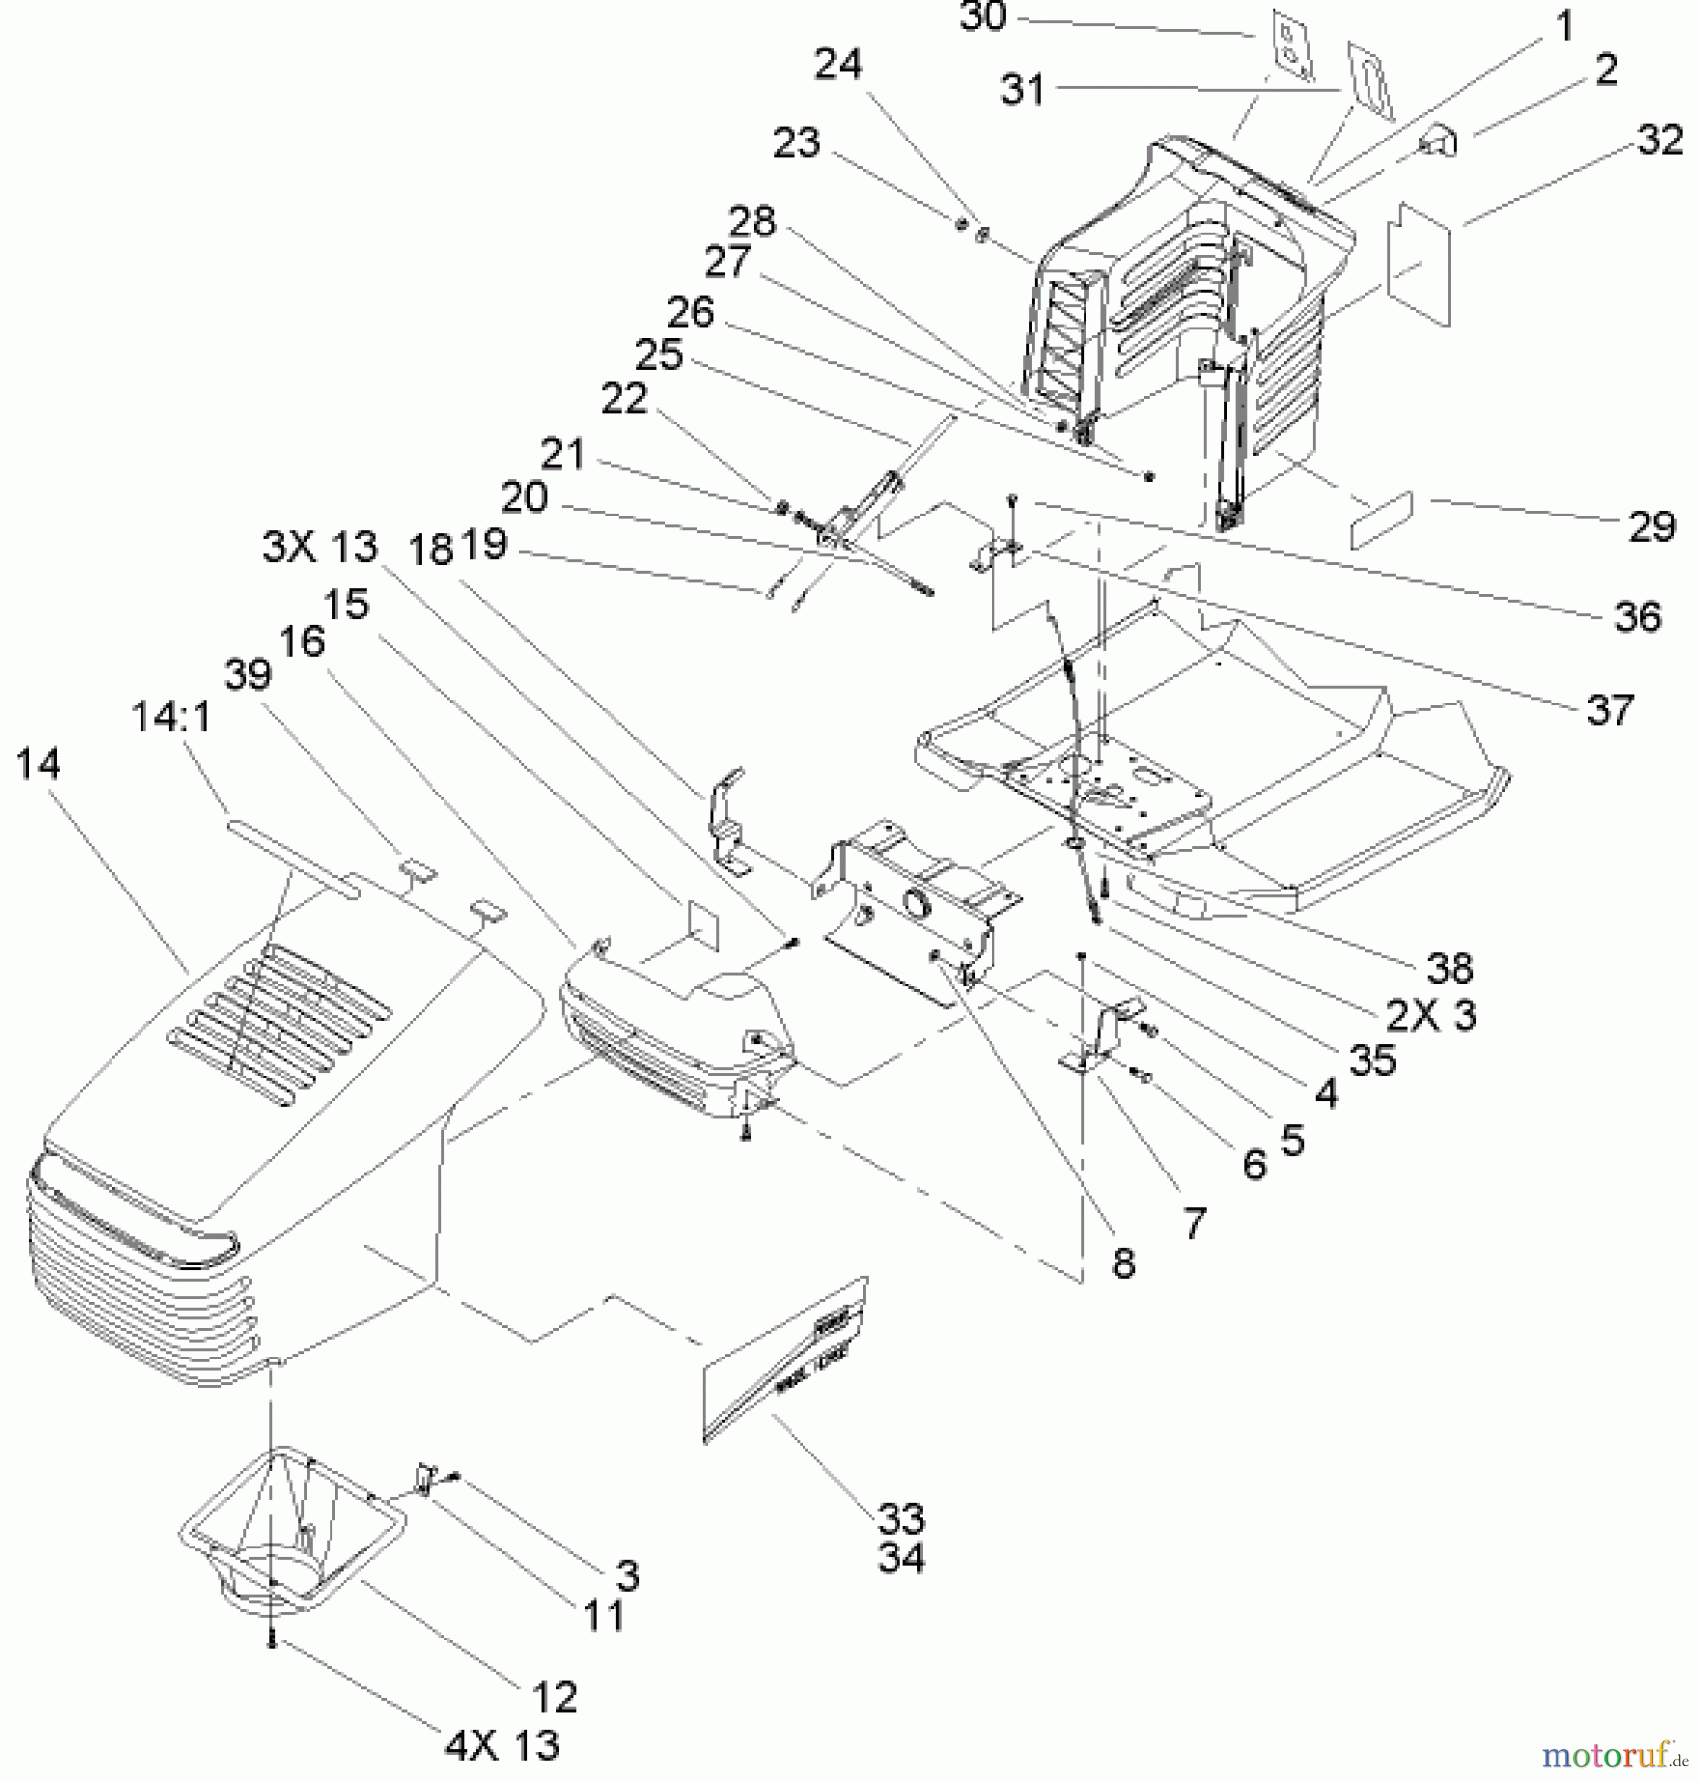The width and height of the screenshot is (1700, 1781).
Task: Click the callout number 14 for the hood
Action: point(38,764)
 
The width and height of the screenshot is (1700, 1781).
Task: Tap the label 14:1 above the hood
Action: point(170,716)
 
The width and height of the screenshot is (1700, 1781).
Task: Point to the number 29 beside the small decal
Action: point(1652,526)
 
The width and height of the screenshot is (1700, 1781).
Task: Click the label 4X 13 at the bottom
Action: point(502,1746)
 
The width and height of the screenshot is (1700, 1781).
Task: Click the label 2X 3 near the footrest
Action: point(1431,1015)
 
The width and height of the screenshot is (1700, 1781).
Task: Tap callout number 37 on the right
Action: point(1609,709)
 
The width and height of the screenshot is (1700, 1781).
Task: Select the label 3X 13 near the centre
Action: point(320,546)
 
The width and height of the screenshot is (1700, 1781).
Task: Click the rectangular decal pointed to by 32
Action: point(1419,263)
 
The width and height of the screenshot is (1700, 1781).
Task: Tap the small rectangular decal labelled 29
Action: point(1381,519)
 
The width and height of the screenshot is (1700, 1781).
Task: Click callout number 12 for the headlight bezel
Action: point(553,1696)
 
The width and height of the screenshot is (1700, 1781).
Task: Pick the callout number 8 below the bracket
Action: point(1123,1264)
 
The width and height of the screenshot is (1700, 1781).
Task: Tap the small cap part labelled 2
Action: point(1440,142)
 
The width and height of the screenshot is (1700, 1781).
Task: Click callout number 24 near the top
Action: point(837,65)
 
